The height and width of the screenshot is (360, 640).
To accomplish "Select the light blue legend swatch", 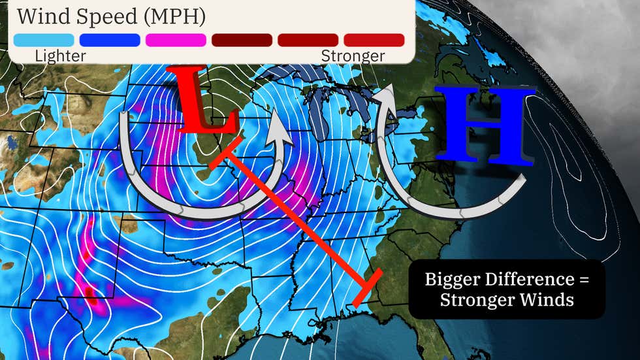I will point(43,40).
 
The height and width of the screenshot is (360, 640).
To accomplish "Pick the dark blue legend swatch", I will point(110,40).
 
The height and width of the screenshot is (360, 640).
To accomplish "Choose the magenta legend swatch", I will point(176,40).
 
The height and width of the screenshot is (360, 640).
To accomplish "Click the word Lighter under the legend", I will point(60,56).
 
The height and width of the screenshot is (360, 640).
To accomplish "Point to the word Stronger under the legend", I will point(353,56).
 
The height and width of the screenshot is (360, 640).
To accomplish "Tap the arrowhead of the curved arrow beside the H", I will point(386,93).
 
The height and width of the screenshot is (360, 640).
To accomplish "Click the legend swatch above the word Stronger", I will point(374,40).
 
